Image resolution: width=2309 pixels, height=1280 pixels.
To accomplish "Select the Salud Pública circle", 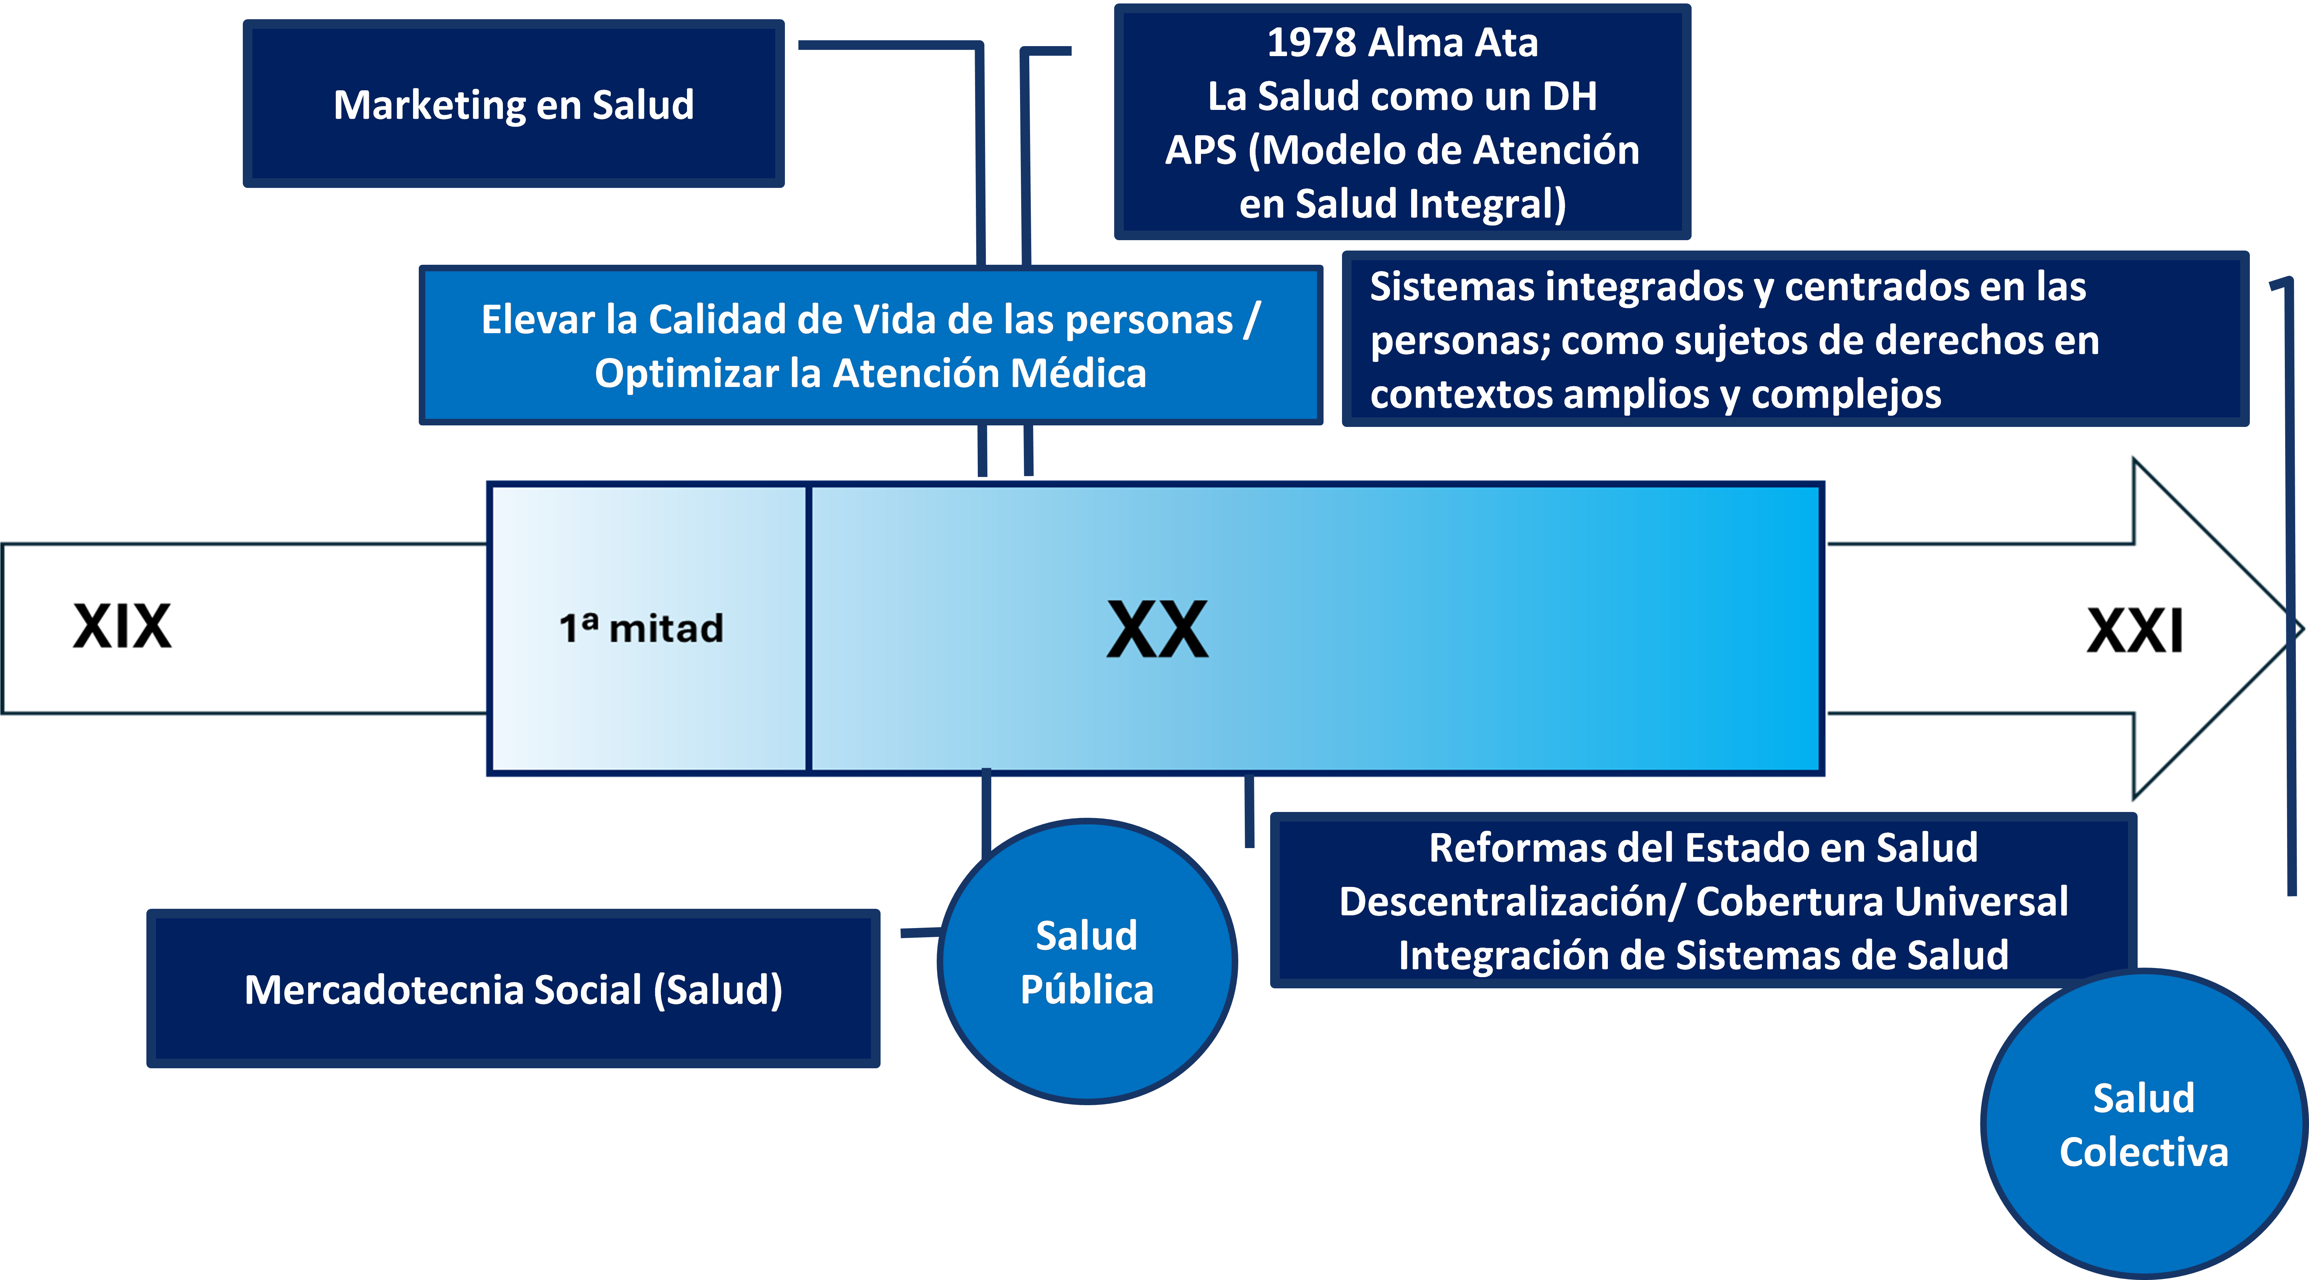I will coord(1086,962).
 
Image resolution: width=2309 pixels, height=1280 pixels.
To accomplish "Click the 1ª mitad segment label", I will coord(641,628).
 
